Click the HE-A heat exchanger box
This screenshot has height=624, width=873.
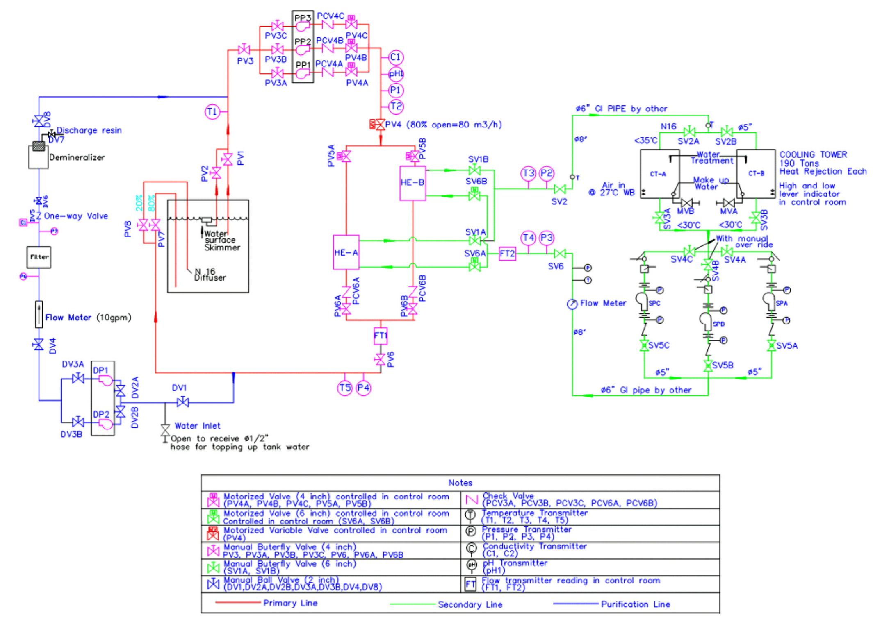click(346, 252)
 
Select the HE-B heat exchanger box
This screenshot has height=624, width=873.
click(413, 183)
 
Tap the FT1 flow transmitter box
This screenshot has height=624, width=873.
click(381, 336)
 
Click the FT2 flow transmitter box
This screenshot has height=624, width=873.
click(507, 254)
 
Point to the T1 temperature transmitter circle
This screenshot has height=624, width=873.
click(212, 111)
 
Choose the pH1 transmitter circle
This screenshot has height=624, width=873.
click(396, 74)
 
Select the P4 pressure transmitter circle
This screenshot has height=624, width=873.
click(363, 388)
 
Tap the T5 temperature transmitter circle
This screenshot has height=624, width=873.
click(345, 388)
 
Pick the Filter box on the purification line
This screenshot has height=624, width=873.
click(39, 257)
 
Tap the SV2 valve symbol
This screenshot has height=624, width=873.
click(559, 189)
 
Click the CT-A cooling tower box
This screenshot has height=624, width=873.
click(659, 174)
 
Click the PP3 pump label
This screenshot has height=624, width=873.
click(303, 17)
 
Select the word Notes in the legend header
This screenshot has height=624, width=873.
click(460, 483)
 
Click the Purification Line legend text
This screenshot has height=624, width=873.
click(635, 604)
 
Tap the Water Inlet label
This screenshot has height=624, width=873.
click(197, 426)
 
